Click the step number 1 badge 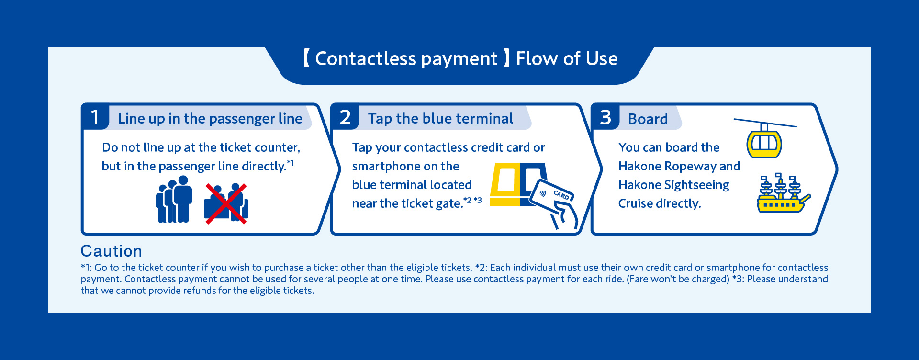point(95,117)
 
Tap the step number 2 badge point(345,117)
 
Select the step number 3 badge point(605,117)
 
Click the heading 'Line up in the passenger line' point(210,119)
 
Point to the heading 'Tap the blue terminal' point(440,119)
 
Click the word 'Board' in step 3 point(648,119)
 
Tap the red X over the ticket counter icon point(225,203)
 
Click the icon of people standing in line point(174,199)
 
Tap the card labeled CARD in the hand point(551,195)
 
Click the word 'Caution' point(112,251)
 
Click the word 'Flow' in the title point(537,59)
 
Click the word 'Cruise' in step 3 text point(636,203)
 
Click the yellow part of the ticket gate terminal point(505,185)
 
